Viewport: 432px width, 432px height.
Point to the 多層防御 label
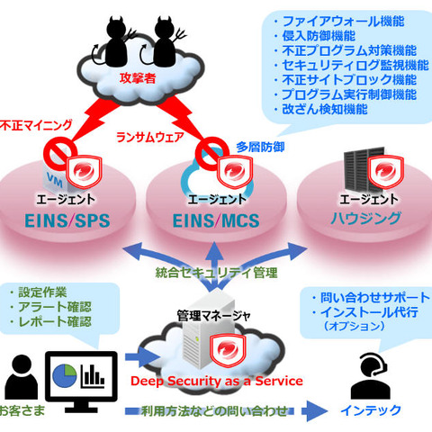coord(261,144)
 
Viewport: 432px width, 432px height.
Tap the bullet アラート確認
coord(53,306)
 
